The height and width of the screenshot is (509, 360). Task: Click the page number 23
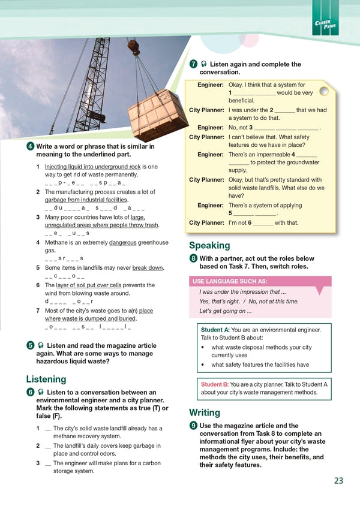(338, 480)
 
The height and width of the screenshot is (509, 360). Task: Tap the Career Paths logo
(325, 23)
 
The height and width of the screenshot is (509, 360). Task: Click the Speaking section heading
(209, 245)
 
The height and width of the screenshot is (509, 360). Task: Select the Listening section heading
(46, 379)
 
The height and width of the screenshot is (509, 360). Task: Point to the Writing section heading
(205, 412)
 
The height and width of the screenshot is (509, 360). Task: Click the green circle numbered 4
(30, 146)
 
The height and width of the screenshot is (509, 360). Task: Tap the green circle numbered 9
(193, 426)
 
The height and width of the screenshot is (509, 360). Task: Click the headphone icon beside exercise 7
(204, 64)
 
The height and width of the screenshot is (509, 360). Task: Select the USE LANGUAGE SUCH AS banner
(230, 281)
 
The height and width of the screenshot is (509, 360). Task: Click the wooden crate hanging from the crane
(158, 114)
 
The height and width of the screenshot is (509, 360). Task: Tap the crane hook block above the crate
(133, 45)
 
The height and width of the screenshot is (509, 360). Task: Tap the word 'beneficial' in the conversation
(242, 101)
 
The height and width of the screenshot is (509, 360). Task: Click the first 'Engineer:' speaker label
(211, 85)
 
